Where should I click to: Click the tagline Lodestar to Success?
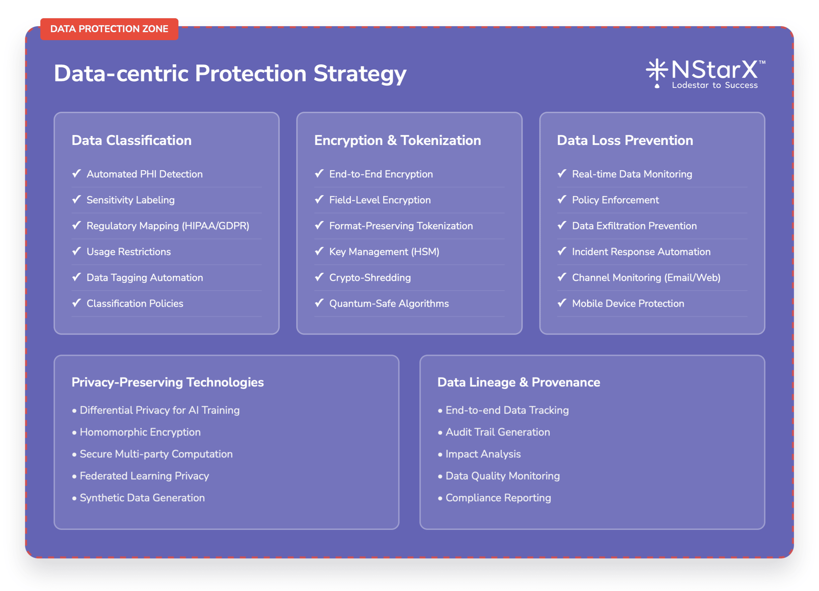coord(715,85)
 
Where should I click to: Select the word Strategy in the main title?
coord(360,74)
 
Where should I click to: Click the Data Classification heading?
coord(131,140)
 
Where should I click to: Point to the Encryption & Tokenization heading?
coord(397,140)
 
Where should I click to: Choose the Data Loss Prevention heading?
coord(625,140)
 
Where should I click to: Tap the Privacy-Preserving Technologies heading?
coord(168,382)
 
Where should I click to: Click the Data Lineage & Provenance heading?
coord(519,382)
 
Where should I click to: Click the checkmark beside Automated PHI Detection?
coord(77,173)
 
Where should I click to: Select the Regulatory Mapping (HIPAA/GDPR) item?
coord(168,226)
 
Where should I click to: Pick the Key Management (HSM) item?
coord(384,252)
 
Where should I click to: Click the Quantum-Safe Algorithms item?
coord(389,303)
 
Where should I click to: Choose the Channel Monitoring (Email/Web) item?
coord(646,278)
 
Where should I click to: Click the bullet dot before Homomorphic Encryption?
coord(74,432)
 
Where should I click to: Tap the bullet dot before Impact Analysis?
coord(440,455)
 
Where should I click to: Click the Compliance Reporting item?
coord(498,498)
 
